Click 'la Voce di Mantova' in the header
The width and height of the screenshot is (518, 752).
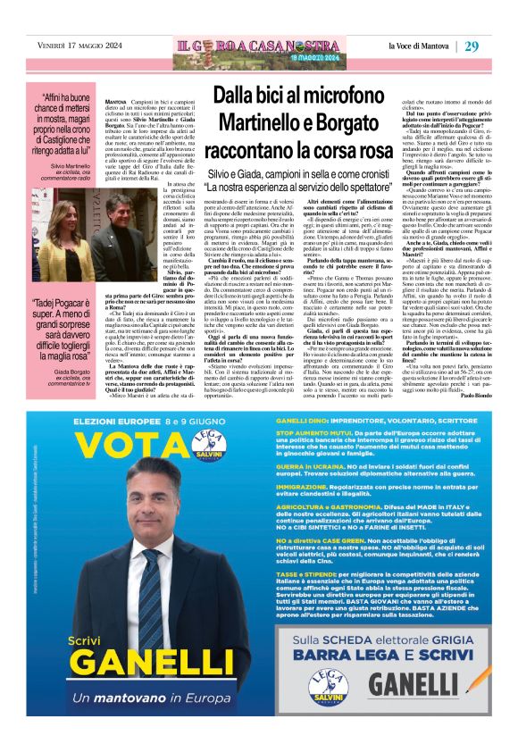[420, 46]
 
